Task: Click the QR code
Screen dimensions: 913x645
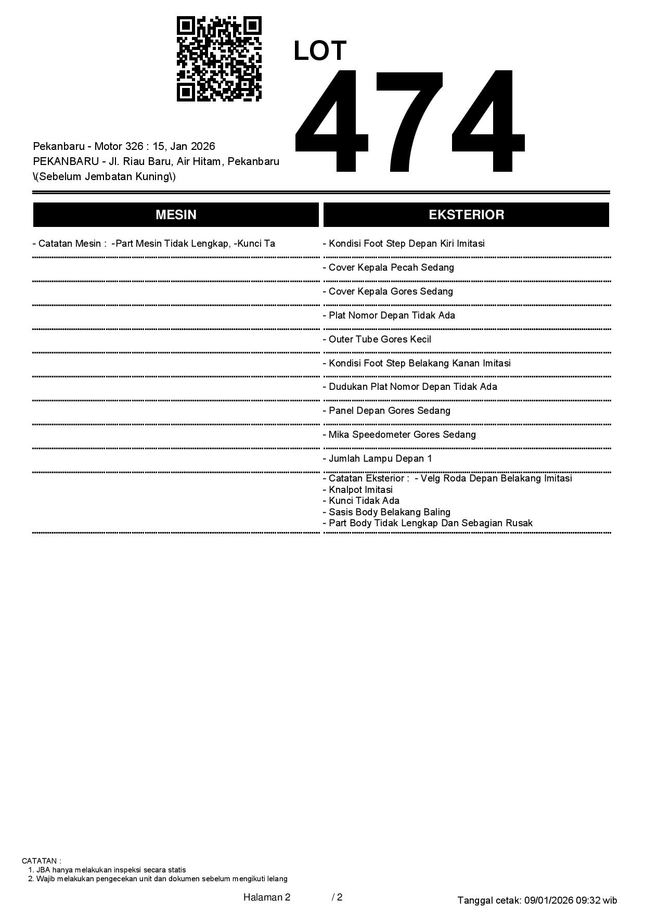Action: click(x=219, y=59)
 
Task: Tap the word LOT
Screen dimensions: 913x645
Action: click(x=319, y=51)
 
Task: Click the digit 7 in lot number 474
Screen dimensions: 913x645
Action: click(x=409, y=121)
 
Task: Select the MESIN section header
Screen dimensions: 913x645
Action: click(x=176, y=215)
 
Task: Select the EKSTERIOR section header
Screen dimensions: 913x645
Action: click(x=466, y=215)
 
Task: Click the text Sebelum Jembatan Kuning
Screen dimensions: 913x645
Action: click(x=104, y=176)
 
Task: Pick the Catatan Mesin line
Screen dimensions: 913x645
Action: click(x=154, y=244)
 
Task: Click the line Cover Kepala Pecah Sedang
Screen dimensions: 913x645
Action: click(x=391, y=268)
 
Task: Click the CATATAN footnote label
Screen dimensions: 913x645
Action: click(x=41, y=861)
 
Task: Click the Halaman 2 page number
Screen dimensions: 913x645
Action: click(x=267, y=897)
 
